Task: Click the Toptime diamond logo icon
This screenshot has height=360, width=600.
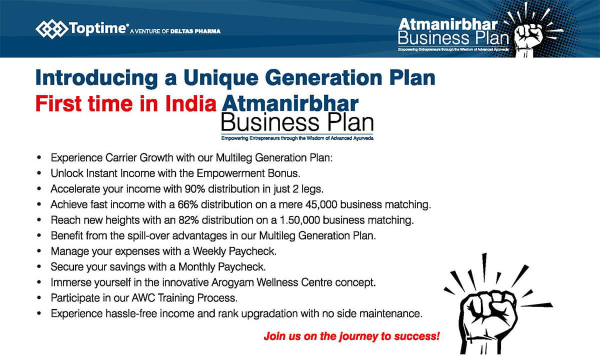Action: click(x=51, y=28)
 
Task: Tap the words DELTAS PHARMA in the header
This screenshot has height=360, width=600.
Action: click(x=195, y=31)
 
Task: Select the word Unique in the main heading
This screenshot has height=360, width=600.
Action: click(x=221, y=78)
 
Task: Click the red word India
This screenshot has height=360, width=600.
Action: click(x=190, y=104)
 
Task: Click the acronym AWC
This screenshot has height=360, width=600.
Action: click(x=143, y=298)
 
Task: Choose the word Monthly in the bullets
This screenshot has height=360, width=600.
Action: click(x=196, y=267)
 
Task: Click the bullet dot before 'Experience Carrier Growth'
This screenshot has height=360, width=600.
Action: click(x=39, y=157)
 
